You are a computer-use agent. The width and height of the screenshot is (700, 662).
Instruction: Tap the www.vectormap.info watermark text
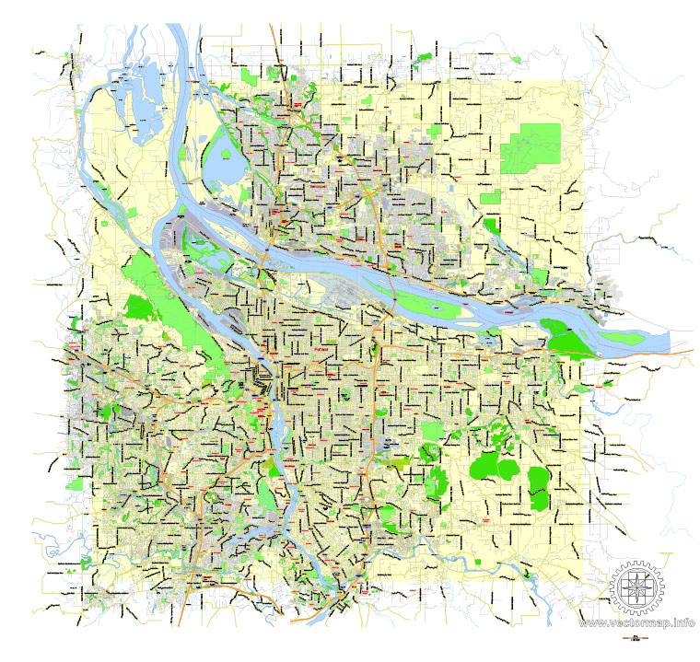point(636,623)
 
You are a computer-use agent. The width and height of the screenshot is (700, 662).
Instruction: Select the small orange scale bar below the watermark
point(635,637)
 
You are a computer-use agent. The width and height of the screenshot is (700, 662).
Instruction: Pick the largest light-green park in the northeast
point(531,147)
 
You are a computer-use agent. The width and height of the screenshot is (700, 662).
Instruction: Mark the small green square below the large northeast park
point(490,197)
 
